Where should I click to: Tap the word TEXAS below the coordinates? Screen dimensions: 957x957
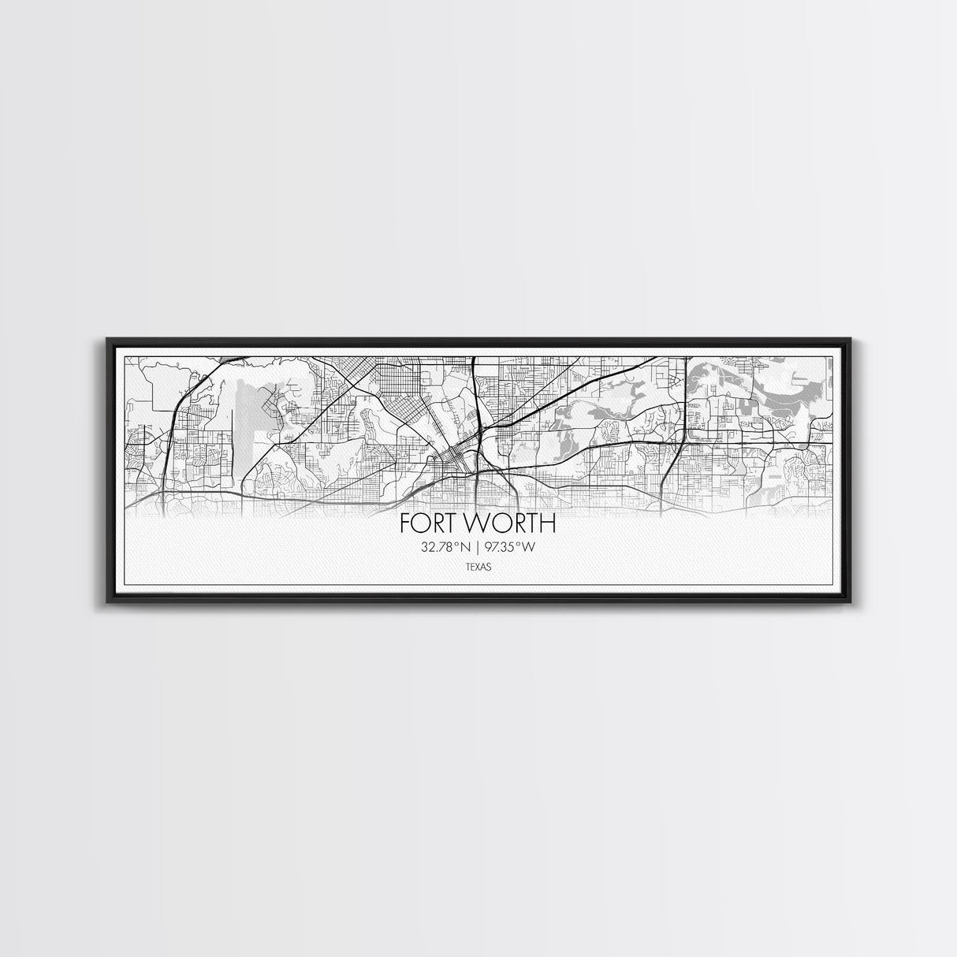(478, 564)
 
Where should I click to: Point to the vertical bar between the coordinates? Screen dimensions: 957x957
(478, 546)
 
